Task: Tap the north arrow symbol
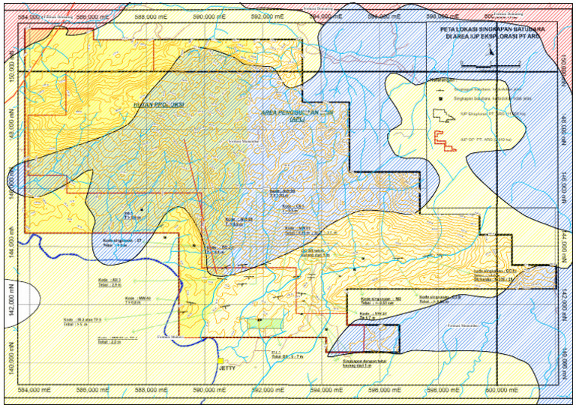(x=491, y=51)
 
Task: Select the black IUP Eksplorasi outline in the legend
(x=438, y=114)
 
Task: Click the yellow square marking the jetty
(x=220, y=359)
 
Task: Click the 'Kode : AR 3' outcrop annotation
(x=109, y=282)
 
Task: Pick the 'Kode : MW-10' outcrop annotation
(x=137, y=300)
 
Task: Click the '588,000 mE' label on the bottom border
(x=151, y=390)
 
